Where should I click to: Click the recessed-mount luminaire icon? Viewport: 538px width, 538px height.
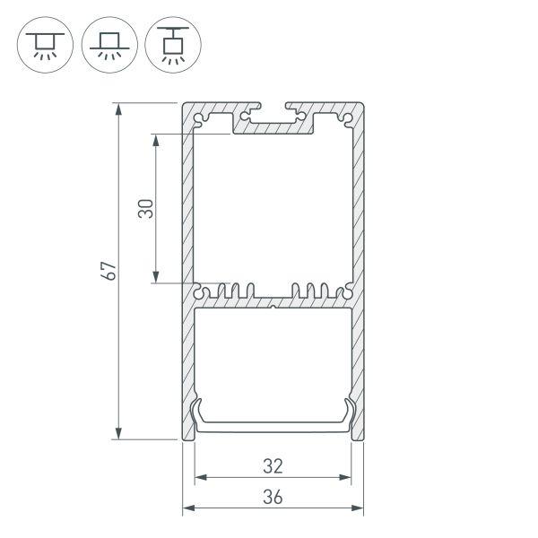click(x=43, y=43)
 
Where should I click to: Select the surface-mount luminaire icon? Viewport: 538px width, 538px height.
click(x=108, y=43)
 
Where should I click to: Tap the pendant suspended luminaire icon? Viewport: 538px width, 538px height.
click(x=172, y=43)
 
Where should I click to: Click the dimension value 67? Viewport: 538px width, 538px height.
click(x=108, y=272)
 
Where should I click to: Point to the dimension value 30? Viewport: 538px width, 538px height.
click(x=147, y=209)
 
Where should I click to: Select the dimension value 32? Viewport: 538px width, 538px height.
click(x=273, y=465)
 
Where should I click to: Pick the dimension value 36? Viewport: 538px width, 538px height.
click(x=273, y=497)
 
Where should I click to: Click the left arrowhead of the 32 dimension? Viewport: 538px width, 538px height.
click(x=200, y=477)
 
